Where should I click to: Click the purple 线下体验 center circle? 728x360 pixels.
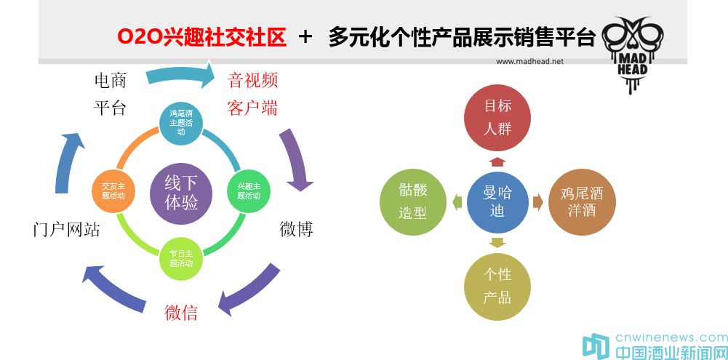(181, 193)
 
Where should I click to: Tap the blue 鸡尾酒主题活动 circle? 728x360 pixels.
(181, 122)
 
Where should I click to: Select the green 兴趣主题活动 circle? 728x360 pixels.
(249, 191)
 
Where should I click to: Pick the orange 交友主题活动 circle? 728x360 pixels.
(113, 191)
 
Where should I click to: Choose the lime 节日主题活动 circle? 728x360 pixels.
(181, 259)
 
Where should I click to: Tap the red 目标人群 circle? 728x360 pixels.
(497, 116)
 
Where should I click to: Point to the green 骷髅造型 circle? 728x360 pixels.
(413, 202)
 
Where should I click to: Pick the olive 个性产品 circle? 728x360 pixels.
(497, 286)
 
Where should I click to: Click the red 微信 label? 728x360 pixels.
(181, 313)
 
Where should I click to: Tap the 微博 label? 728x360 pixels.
(297, 229)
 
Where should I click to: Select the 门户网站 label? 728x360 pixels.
(67, 230)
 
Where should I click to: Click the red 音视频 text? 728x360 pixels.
(253, 79)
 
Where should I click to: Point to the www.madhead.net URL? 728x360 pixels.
(529, 62)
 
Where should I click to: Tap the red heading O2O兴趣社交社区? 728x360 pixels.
(201, 36)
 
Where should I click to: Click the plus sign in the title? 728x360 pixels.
(306, 36)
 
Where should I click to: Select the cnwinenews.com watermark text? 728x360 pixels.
(671, 338)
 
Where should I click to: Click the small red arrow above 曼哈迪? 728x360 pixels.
(497, 161)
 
